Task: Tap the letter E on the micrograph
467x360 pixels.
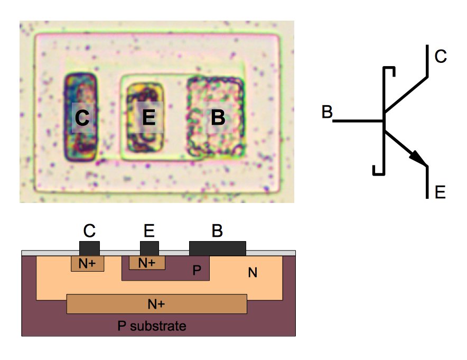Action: coord(149,117)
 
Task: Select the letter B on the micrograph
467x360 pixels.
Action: coord(218,117)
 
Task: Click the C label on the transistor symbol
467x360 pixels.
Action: coord(441,57)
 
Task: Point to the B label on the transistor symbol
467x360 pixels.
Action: coord(327,112)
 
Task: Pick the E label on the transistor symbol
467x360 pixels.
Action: coord(440,192)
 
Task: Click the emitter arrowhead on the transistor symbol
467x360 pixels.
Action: coord(418,157)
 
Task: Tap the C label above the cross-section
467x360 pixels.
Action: coord(89,230)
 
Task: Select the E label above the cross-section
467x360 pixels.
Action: coord(150,230)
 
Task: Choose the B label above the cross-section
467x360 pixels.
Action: coord(217,230)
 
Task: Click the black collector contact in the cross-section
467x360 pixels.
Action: coord(89,247)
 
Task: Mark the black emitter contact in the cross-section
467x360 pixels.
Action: coord(150,247)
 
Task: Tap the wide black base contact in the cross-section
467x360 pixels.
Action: coord(218,247)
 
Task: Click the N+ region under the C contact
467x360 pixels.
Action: coord(87,263)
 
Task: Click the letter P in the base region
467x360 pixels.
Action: coord(197,270)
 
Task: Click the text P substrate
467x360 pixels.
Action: coord(152,326)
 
